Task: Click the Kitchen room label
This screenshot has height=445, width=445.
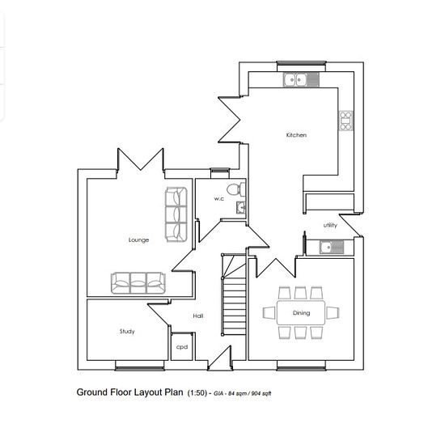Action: click(296, 135)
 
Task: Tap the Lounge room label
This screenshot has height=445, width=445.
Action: click(139, 240)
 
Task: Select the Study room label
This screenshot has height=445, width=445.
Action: click(127, 332)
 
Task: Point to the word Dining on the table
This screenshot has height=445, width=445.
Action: click(302, 313)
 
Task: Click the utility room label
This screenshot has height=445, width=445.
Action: click(330, 226)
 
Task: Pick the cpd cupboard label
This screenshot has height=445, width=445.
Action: click(182, 347)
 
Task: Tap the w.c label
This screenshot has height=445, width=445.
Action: click(219, 199)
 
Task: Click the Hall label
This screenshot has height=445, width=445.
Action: click(198, 316)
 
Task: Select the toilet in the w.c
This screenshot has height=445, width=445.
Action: click(236, 189)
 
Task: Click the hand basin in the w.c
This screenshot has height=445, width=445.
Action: click(241, 207)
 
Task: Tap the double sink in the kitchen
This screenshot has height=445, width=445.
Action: click(301, 79)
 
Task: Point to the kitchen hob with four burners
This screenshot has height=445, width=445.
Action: click(346, 121)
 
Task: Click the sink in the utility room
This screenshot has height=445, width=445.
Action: click(332, 248)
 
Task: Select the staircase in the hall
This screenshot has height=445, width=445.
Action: click(234, 295)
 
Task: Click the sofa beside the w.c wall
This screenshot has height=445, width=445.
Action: click(176, 214)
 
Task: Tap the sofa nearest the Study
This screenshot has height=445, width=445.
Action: click(138, 283)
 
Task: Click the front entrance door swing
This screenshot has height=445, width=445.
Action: click(220, 358)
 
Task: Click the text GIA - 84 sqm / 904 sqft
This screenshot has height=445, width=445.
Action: click(243, 393)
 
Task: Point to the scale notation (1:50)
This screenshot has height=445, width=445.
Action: click(197, 393)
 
